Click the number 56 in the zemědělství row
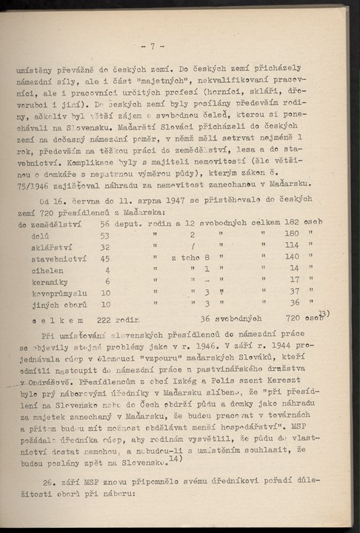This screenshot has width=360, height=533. tap(104, 222)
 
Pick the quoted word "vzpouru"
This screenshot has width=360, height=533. tap(153, 356)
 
